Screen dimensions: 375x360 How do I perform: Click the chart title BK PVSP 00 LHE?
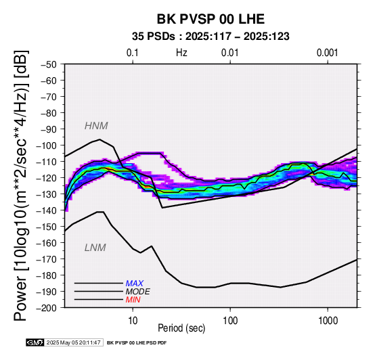tap(211, 19)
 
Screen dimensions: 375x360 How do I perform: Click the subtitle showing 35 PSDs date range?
tap(211, 37)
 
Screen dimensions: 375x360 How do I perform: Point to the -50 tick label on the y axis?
tap(48, 64)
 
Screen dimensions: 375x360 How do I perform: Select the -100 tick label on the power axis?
tap(47, 145)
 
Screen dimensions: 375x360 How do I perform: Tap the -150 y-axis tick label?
tap(47, 227)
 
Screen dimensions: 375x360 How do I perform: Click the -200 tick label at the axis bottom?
tap(47, 308)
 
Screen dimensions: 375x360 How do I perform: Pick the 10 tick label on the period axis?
tap(133, 321)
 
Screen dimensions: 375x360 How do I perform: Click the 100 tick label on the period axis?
tap(230, 321)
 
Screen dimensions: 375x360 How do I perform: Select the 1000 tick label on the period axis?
tap(328, 321)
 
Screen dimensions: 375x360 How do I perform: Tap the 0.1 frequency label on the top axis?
tap(133, 53)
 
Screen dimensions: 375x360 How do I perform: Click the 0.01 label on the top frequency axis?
tap(230, 53)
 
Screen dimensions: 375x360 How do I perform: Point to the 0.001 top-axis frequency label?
tap(327, 53)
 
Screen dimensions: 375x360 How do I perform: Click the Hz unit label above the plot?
tap(181, 53)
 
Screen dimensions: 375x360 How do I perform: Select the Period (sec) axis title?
tap(181, 328)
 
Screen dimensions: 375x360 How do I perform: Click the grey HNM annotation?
tap(96, 126)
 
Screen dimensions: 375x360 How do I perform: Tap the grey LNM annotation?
tap(95, 248)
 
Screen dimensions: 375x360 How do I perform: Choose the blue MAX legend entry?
tap(135, 284)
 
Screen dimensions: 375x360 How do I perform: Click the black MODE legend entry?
tap(138, 292)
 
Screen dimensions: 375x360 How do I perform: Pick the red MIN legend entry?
tap(133, 300)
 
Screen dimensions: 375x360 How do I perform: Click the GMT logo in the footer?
tap(35, 342)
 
